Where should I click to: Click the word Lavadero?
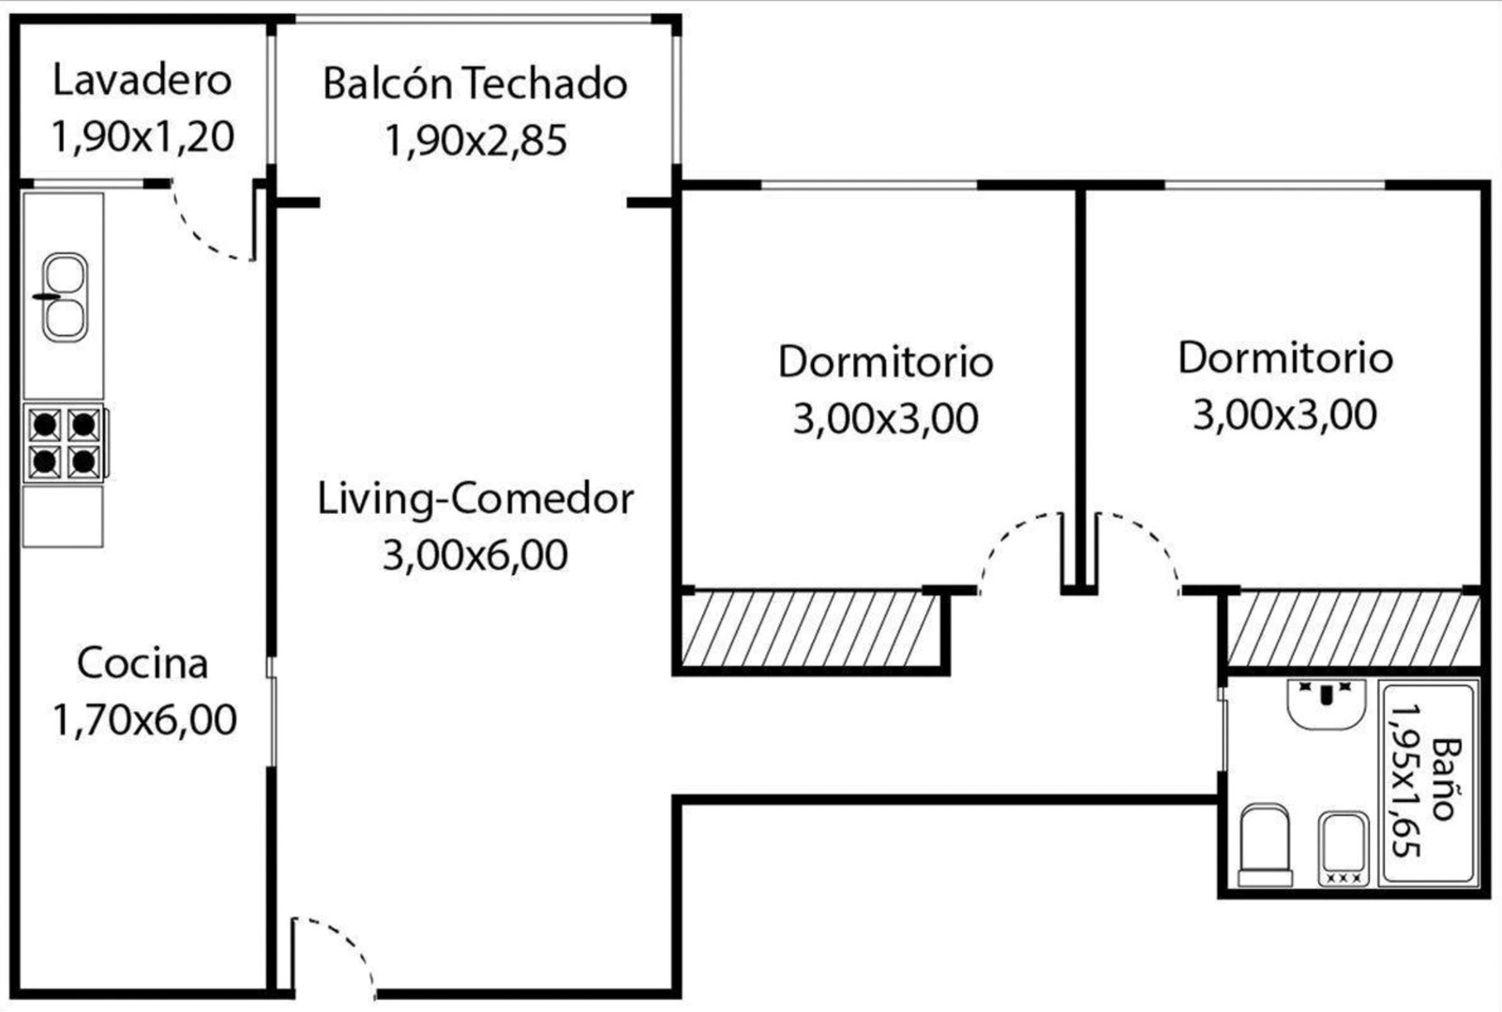coord(143,80)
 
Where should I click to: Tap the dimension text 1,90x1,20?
coord(143,137)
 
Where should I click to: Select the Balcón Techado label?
coord(474,83)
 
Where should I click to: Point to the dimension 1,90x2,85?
coord(475,140)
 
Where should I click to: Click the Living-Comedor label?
coord(474,500)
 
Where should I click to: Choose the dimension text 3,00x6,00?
coord(474,555)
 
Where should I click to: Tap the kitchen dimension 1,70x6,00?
coord(144,719)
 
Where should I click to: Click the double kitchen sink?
coord(64,297)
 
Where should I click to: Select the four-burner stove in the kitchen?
coord(66,443)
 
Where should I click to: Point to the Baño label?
coord(1446,779)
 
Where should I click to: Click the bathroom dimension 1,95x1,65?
coord(1406,780)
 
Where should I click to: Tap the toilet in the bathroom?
coord(1265,845)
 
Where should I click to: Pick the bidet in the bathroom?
coord(1344,849)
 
